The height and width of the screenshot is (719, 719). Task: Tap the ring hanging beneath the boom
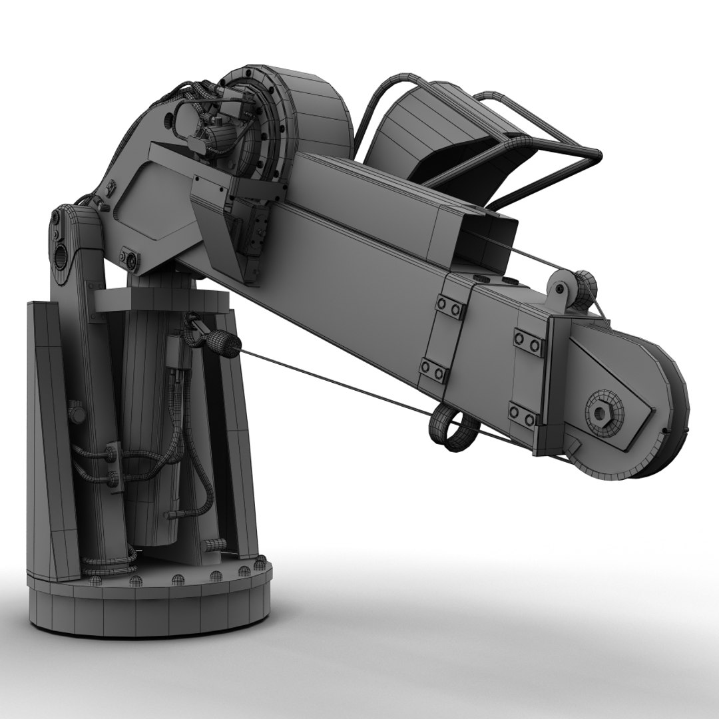452,429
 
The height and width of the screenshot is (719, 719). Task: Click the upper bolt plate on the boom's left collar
451,308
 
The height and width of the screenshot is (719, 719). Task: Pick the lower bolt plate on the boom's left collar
433,369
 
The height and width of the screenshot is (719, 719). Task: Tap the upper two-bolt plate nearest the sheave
529,342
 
